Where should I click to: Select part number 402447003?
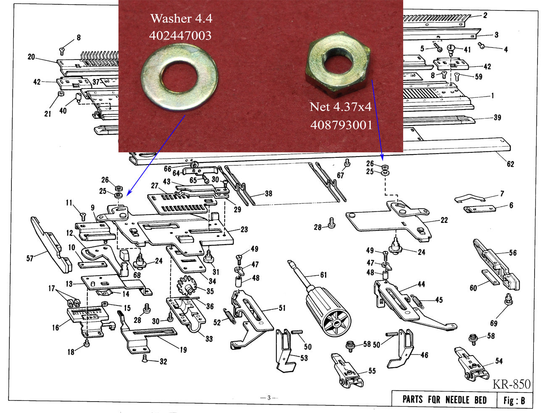click(180, 35)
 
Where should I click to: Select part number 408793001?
click(341, 125)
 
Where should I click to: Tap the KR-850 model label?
click(511, 384)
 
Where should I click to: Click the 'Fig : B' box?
click(514, 400)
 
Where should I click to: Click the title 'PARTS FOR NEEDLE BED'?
click(444, 399)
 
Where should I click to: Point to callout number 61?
click(323, 275)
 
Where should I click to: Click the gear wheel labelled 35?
click(187, 287)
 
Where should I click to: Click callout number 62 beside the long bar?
click(510, 164)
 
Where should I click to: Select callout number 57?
click(30, 258)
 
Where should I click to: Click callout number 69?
click(494, 323)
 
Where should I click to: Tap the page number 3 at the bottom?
click(269, 397)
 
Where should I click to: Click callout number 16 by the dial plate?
click(55, 327)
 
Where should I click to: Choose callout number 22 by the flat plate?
click(444, 220)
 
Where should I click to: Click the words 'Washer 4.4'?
click(181, 18)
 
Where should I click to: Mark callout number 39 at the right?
click(497, 118)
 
